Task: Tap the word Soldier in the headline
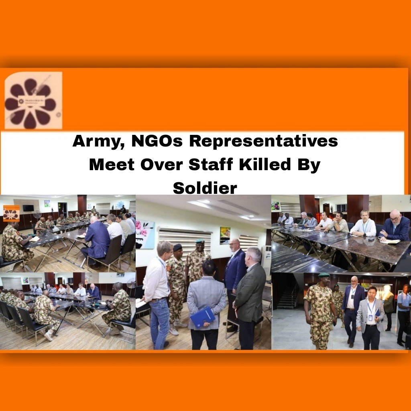click(205, 188)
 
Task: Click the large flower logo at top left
click(33, 100)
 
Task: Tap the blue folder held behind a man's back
click(202, 317)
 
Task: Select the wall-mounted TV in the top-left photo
click(28, 208)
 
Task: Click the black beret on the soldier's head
click(177, 247)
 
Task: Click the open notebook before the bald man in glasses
click(391, 241)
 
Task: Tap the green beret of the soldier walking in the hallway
click(323, 275)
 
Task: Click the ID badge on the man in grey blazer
click(370, 317)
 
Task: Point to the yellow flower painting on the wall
click(225, 235)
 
